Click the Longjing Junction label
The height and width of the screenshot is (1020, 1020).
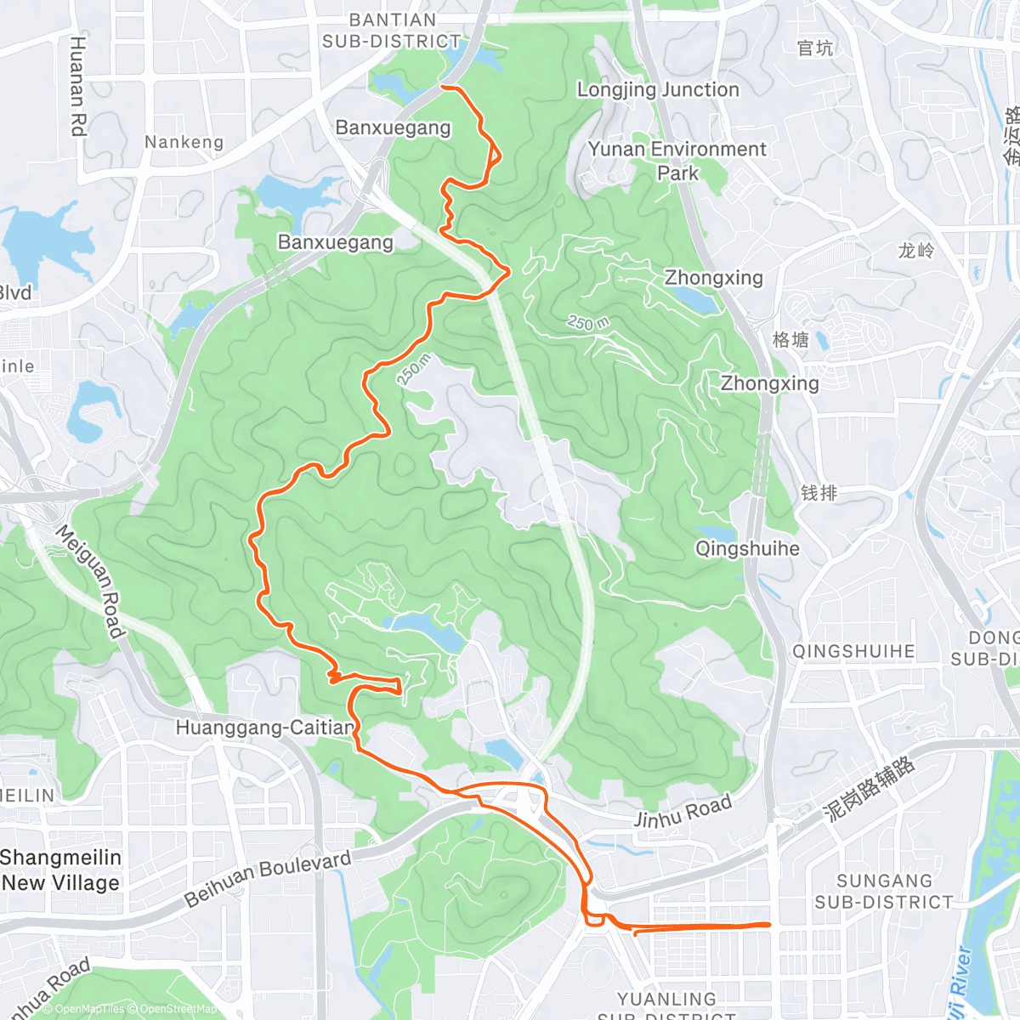658,90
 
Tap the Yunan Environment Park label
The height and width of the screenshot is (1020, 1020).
677,161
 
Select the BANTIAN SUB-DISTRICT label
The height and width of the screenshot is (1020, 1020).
392,31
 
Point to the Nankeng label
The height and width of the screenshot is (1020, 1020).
184,142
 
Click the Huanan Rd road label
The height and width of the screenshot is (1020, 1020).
78,86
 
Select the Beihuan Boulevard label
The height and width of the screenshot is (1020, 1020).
268,878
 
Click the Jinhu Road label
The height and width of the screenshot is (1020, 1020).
683,812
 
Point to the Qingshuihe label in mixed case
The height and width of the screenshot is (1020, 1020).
747,549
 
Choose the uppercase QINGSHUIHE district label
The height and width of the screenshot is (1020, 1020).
853,652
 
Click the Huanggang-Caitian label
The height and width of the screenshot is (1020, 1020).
264,728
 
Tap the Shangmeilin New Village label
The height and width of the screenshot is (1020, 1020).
61,870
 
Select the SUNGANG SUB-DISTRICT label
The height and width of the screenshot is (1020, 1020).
884,892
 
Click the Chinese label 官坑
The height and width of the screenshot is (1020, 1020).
815,48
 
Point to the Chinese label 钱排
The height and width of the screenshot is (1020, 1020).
819,493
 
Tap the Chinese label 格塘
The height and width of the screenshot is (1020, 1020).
790,340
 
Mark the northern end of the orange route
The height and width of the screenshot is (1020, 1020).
442,86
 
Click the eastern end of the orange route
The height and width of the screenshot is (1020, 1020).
769,924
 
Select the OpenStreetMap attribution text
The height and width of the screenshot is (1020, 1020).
178,1010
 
